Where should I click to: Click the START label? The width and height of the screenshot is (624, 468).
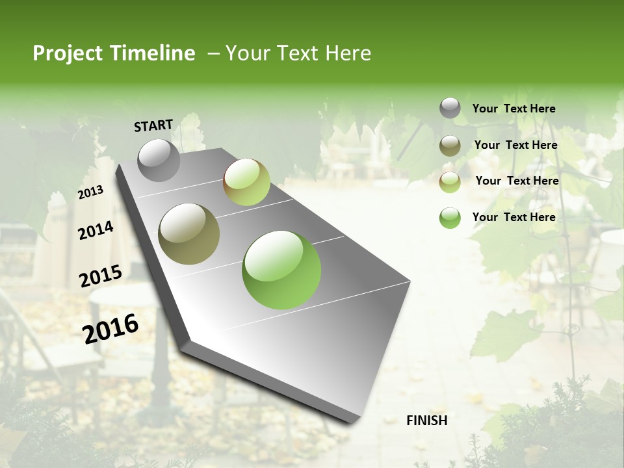tap(153, 125)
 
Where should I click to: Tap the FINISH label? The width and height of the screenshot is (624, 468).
tap(427, 421)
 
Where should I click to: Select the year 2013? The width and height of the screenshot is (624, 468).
tap(90, 192)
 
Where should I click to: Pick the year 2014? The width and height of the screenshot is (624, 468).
tap(96, 230)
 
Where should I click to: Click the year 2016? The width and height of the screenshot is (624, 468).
tap(110, 329)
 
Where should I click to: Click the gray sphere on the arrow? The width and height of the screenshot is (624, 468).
tap(159, 160)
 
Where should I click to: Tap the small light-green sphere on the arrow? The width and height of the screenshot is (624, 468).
tap(246, 182)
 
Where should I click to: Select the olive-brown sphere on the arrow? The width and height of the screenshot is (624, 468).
tap(189, 234)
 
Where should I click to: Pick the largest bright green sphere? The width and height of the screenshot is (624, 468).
tap(281, 270)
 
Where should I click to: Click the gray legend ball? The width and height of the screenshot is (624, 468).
tap(450, 108)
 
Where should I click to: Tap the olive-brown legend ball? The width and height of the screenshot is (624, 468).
tap(450, 146)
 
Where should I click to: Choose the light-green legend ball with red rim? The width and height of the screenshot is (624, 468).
tap(450, 182)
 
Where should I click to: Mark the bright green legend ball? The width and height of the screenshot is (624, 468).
tap(450, 218)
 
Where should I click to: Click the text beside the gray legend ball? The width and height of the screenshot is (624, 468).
tap(513, 109)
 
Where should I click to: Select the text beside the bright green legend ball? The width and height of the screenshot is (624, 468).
tap(513, 217)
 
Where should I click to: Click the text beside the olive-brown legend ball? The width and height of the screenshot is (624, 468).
tap(515, 145)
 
